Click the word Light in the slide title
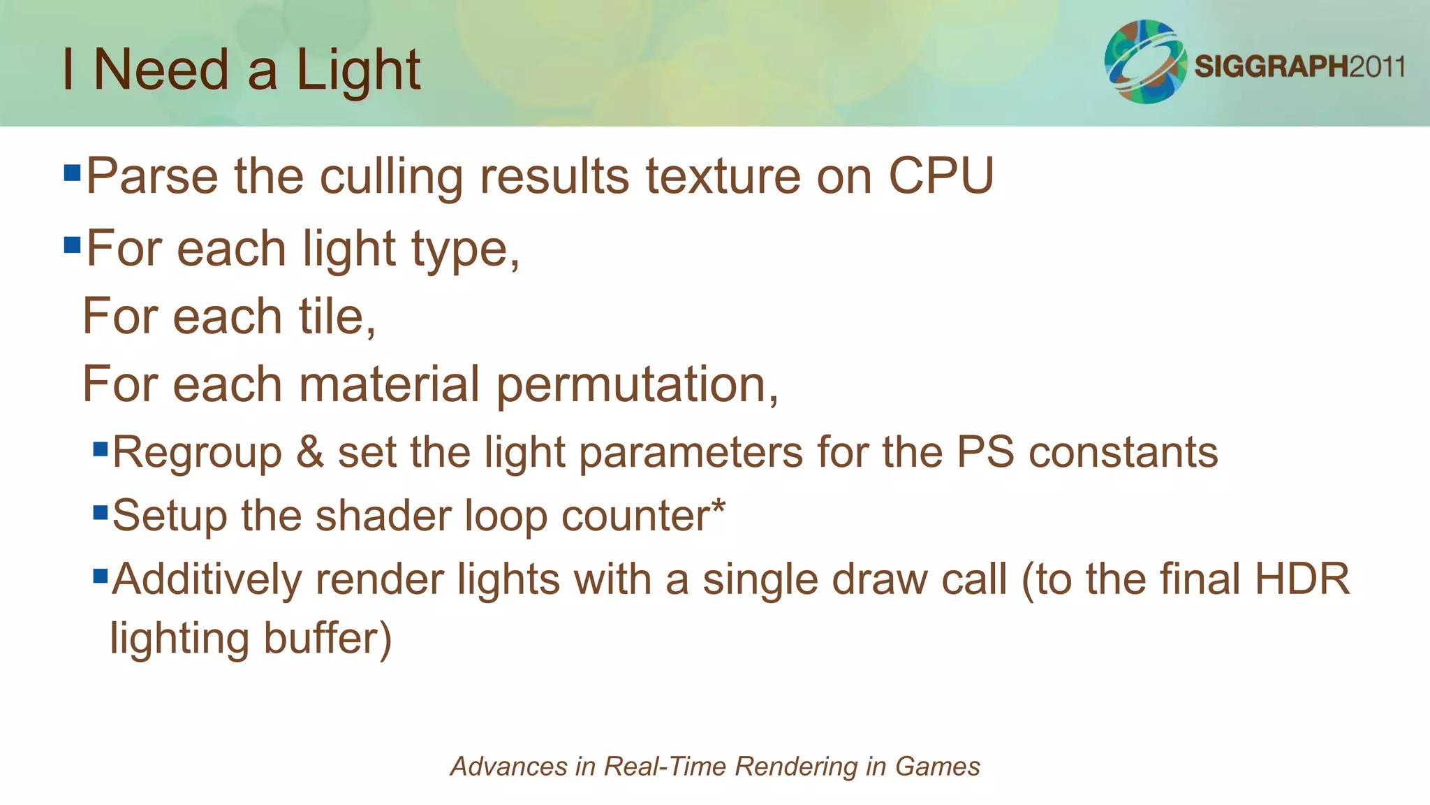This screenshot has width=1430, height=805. click(357, 70)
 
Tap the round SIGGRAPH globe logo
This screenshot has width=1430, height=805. click(1145, 61)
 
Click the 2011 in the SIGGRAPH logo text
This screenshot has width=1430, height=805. click(1376, 67)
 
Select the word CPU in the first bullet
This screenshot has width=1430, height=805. click(941, 175)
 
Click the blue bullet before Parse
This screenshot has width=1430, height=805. click(72, 173)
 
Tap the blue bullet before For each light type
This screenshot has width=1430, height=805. click(72, 245)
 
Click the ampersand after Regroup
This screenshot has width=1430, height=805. click(309, 452)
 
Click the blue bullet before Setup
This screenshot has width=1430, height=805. click(101, 514)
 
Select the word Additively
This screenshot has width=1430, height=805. click(206, 580)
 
